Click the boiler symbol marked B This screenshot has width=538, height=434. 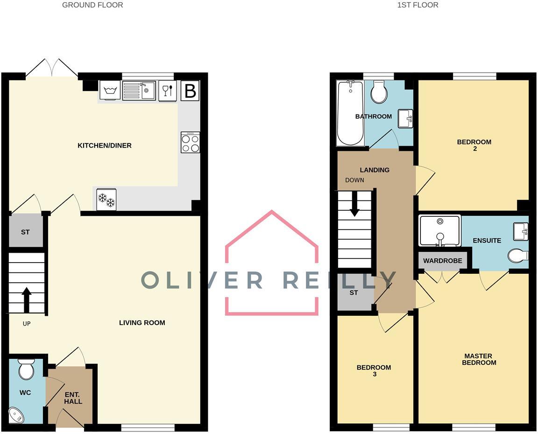point(190,91)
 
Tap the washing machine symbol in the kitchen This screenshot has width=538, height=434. point(110,90)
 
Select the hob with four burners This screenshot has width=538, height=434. point(190,142)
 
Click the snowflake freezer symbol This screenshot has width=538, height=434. point(106,199)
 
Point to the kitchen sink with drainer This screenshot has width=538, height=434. point(139,90)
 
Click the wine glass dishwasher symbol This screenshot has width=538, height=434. point(168,90)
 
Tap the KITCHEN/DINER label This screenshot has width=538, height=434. point(105,146)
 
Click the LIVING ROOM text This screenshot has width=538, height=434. point(142,323)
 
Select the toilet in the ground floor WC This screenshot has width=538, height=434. point(26,370)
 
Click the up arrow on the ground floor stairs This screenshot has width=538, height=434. point(27,299)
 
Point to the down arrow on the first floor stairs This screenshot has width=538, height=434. point(354,206)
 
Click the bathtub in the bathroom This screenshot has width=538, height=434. point(349,113)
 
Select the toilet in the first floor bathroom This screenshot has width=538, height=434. point(379,92)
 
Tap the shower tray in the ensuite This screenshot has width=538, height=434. point(439,230)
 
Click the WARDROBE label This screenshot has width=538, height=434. point(443,261)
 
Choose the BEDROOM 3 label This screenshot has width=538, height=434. point(374,370)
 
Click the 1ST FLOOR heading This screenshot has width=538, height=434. point(418,5)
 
